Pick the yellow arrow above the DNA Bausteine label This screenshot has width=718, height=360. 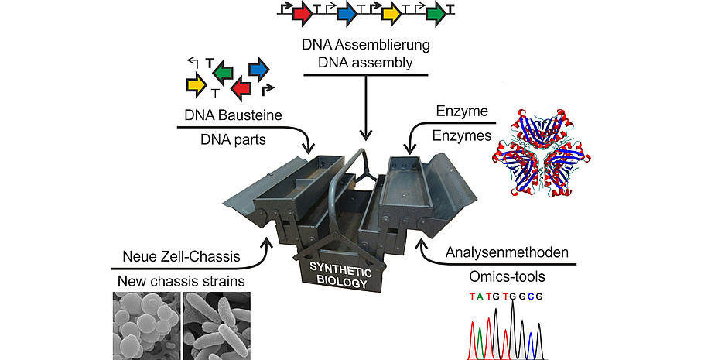[x=197, y=84]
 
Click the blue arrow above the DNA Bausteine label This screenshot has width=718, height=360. [x=258, y=70]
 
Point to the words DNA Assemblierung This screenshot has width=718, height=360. [x=366, y=45]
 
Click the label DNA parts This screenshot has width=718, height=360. [x=233, y=139]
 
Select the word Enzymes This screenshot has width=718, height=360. [x=462, y=136]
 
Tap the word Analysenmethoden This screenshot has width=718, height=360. [x=507, y=252]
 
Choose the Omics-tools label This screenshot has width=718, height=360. [x=507, y=276]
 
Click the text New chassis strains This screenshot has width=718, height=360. [x=181, y=281]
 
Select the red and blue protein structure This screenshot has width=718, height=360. [x=542, y=153]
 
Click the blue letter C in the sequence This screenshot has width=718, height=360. [x=531, y=297]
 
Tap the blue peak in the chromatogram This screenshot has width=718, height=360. [x=530, y=345]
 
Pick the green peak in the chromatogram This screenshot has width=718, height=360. [x=480, y=343]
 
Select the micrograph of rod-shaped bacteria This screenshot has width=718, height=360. [x=217, y=326]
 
